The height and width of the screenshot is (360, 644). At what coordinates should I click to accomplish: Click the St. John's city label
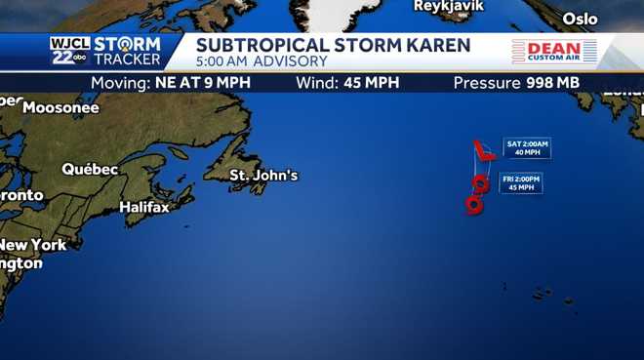(x=263, y=176)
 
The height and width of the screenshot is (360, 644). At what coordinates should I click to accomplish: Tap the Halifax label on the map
(x=144, y=207)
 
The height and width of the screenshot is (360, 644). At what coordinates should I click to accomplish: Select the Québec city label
(x=90, y=169)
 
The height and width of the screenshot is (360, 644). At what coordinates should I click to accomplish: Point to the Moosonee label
(x=60, y=107)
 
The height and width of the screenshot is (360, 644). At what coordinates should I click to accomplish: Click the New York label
(x=34, y=244)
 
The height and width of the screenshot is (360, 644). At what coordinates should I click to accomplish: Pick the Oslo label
(x=580, y=19)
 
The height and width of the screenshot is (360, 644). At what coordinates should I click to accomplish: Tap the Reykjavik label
(x=448, y=6)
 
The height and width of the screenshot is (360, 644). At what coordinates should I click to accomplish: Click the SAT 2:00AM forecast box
(x=527, y=148)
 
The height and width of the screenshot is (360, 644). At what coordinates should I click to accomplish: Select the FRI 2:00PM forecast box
(x=521, y=183)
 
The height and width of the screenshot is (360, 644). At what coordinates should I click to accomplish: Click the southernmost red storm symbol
(x=474, y=204)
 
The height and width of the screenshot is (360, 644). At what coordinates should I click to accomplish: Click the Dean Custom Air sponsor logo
(x=554, y=52)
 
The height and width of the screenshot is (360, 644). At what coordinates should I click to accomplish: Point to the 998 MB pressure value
(x=552, y=83)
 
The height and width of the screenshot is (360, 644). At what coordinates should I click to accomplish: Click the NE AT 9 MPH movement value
(x=202, y=83)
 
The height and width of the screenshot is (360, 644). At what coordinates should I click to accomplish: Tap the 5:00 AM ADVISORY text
(x=262, y=61)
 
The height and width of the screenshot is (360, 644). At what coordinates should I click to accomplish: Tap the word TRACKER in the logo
(x=127, y=60)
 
